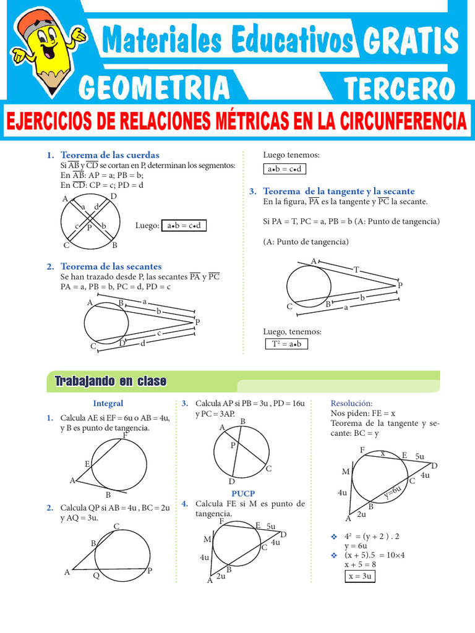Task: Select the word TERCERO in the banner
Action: pyautogui.click(x=400, y=88)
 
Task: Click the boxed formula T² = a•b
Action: pyautogui.click(x=286, y=344)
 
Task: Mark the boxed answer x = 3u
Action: pyautogui.click(x=359, y=576)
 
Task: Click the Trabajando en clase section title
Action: pyautogui.click(x=110, y=381)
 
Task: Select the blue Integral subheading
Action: pyautogui.click(x=108, y=404)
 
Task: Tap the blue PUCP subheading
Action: pyautogui.click(x=243, y=494)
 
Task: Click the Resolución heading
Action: pyautogui.click(x=352, y=404)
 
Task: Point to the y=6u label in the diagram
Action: pyautogui.click(x=393, y=493)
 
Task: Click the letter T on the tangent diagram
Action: pyautogui.click(x=356, y=270)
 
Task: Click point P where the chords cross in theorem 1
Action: pyautogui.click(x=89, y=227)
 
